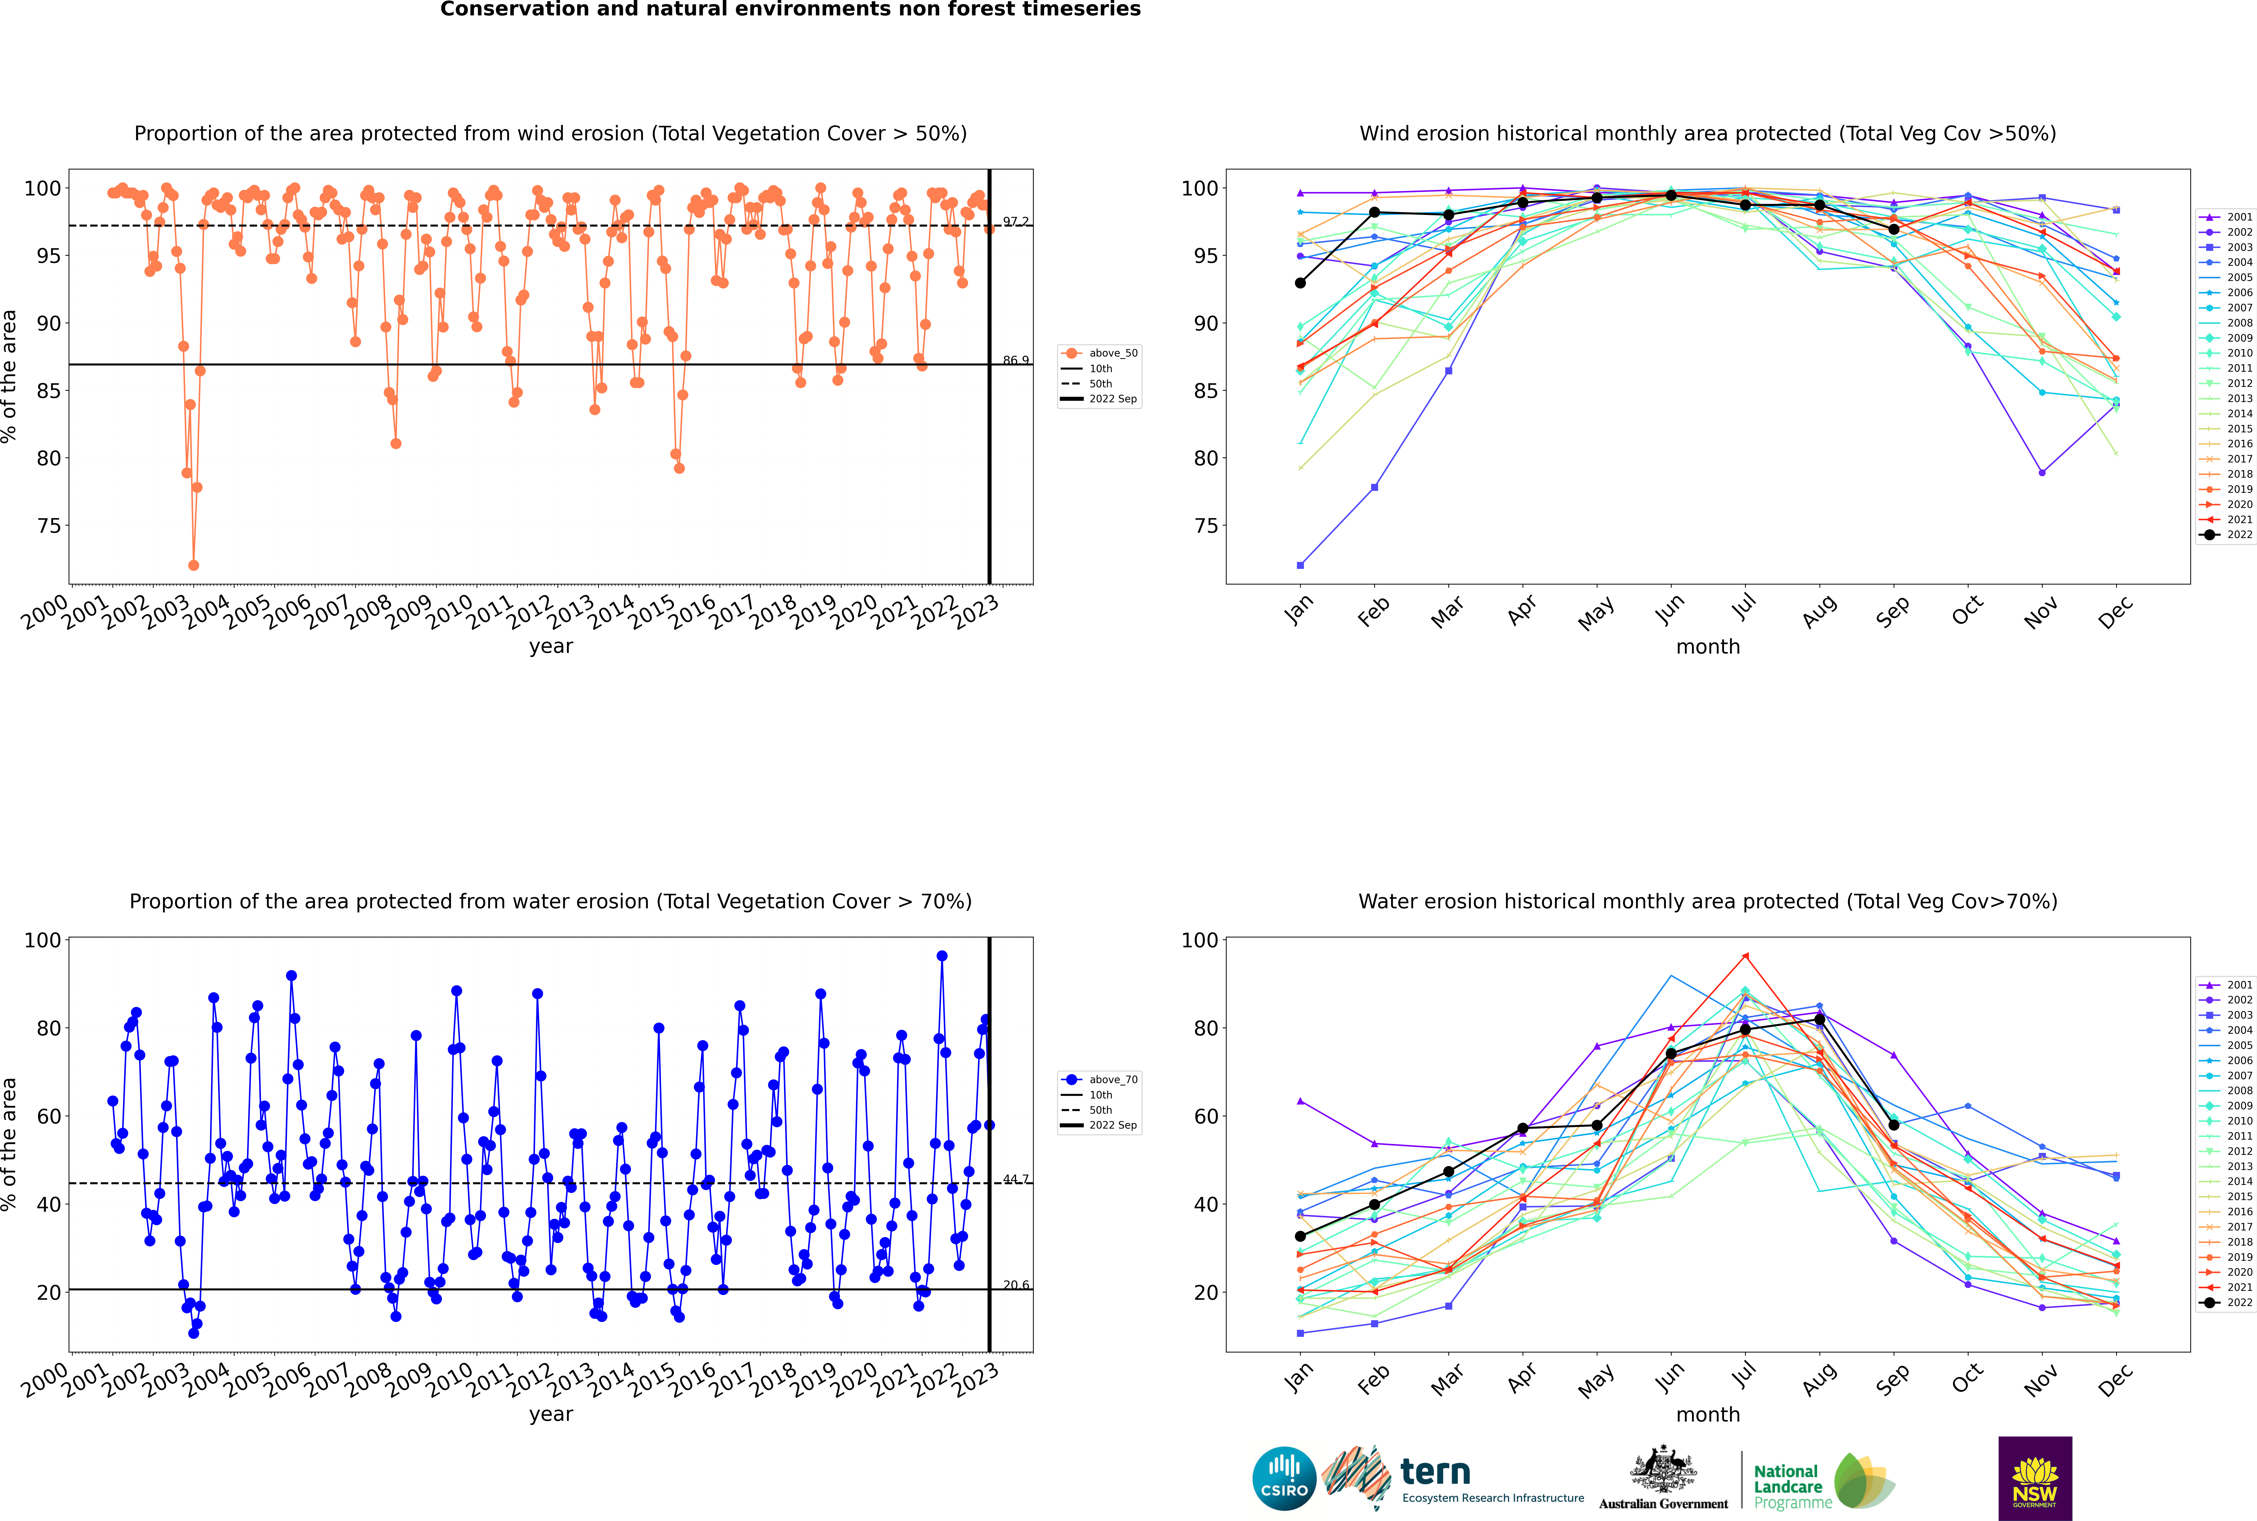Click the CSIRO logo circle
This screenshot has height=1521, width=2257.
point(1284,1478)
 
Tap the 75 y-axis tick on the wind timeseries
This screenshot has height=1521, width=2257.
point(48,526)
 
